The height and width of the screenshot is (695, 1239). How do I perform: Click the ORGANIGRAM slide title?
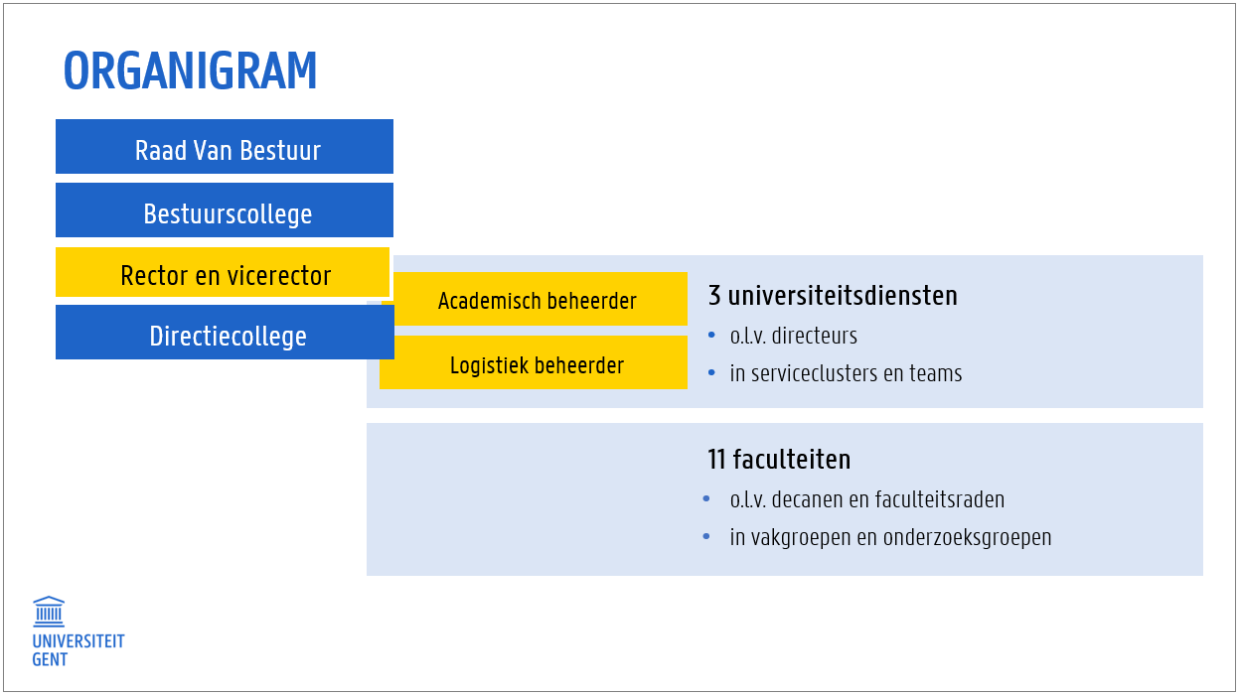point(190,70)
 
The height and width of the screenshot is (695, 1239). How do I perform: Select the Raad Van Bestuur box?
point(225,147)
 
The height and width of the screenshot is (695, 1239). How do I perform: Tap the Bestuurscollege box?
point(225,210)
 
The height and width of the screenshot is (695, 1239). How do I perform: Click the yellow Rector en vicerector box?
point(223,272)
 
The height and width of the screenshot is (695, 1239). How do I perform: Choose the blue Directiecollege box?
point(226,333)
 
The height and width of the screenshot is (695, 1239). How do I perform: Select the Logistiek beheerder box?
point(534,362)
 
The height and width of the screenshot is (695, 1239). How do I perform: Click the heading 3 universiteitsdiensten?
point(833,295)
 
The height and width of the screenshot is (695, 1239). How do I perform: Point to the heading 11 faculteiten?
point(779,460)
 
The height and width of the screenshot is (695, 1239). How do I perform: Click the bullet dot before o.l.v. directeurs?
point(711,335)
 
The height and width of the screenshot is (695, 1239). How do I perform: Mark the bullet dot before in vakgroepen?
point(706,536)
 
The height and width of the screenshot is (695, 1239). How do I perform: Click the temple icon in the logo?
point(49,611)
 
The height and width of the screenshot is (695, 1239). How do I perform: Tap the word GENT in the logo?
point(50,659)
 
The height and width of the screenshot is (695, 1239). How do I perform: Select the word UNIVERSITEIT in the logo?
point(78,641)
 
